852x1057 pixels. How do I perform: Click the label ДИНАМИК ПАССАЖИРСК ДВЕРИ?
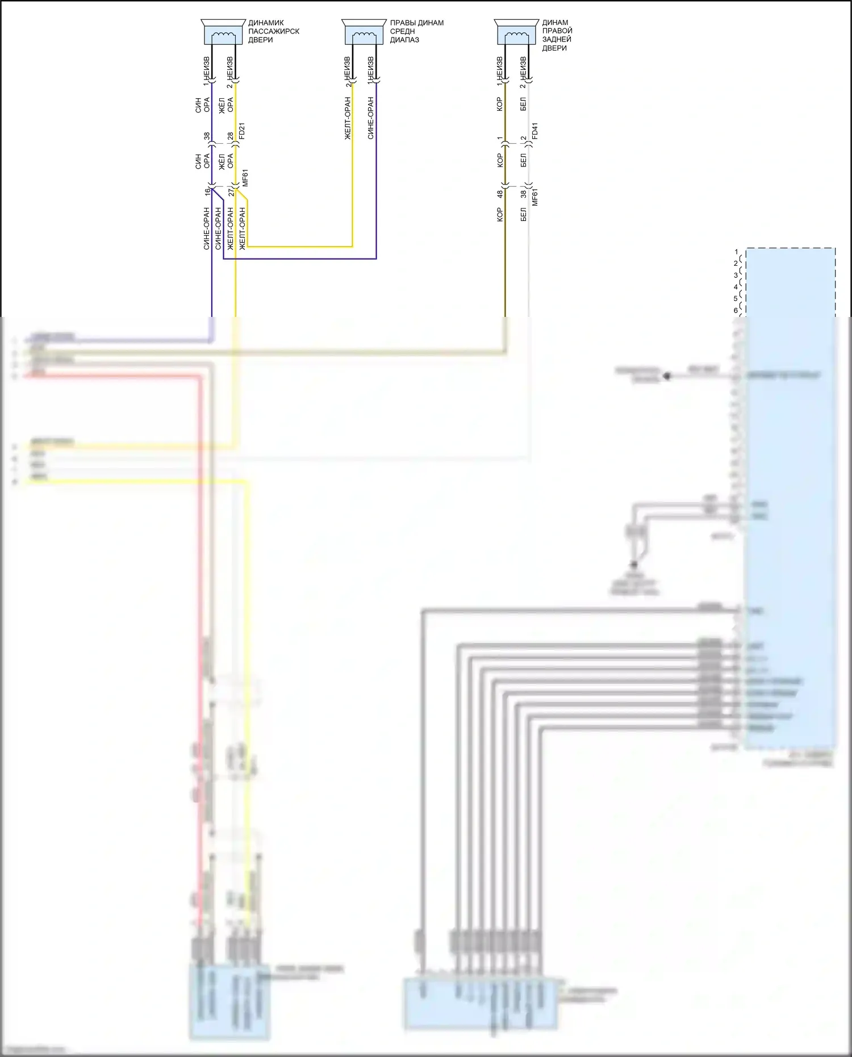[x=273, y=31]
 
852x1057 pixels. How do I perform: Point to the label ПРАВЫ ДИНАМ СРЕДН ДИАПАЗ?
[x=416, y=31]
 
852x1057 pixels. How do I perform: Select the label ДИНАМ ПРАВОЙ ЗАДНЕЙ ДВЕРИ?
[x=557, y=35]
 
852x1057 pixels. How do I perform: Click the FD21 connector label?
[x=242, y=131]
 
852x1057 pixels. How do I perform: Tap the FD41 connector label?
[x=534, y=131]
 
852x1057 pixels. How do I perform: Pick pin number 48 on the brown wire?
[x=500, y=194]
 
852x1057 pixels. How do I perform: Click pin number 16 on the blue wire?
[x=208, y=192]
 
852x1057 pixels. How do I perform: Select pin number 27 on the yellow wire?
[x=231, y=192]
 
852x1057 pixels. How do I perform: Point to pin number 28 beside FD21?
[x=231, y=136]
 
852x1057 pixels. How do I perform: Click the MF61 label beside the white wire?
[x=534, y=197]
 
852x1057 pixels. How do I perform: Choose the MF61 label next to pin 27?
[x=245, y=178]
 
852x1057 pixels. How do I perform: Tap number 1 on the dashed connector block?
[x=736, y=252]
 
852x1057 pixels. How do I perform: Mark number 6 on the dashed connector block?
[x=736, y=310]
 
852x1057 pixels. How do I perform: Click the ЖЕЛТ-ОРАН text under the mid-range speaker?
[x=348, y=118]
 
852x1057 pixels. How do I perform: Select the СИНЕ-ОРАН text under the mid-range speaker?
[x=370, y=118]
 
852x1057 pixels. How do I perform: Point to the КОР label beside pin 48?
[x=500, y=214]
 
